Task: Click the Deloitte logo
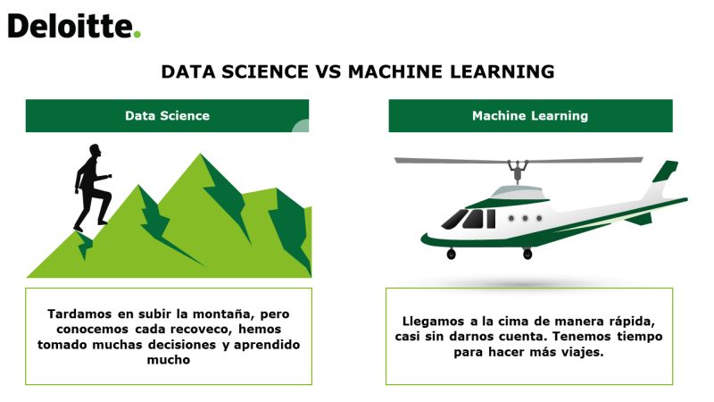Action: [x=74, y=26]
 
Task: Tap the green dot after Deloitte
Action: [x=137, y=34]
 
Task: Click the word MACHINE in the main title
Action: [x=395, y=72]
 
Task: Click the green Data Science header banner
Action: [x=167, y=116]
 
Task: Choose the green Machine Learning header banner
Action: [x=530, y=116]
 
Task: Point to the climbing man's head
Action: [x=95, y=150]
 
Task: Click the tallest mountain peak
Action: [x=200, y=155]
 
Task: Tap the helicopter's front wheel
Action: [x=452, y=254]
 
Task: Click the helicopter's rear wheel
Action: [x=527, y=254]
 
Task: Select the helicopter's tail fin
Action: [x=665, y=172]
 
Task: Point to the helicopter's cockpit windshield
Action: [x=454, y=219]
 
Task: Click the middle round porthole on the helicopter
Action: [x=525, y=219]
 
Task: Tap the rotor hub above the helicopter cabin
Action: [x=519, y=171]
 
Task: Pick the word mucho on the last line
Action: [x=169, y=360]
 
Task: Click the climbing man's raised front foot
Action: [x=104, y=222]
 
